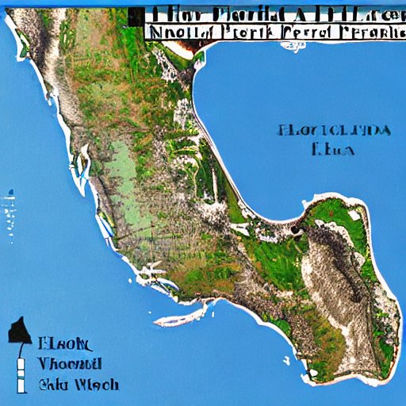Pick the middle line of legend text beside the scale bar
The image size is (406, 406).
point(70,364)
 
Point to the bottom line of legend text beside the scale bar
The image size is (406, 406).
point(79,385)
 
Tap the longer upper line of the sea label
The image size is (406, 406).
point(334,130)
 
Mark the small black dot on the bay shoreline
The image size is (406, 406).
point(295,230)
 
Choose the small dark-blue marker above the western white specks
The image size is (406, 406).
point(11,190)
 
